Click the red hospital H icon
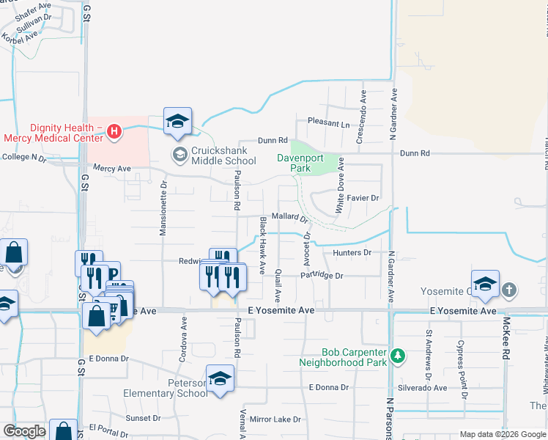[x=114, y=132]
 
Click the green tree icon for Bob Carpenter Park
[x=397, y=356]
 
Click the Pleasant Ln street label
[x=328, y=123]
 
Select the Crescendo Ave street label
[x=360, y=117]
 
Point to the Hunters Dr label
[x=352, y=253]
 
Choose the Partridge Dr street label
[x=321, y=276]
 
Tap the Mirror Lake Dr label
[x=275, y=419]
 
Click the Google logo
[x=24, y=431]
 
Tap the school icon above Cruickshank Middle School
[x=177, y=122]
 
